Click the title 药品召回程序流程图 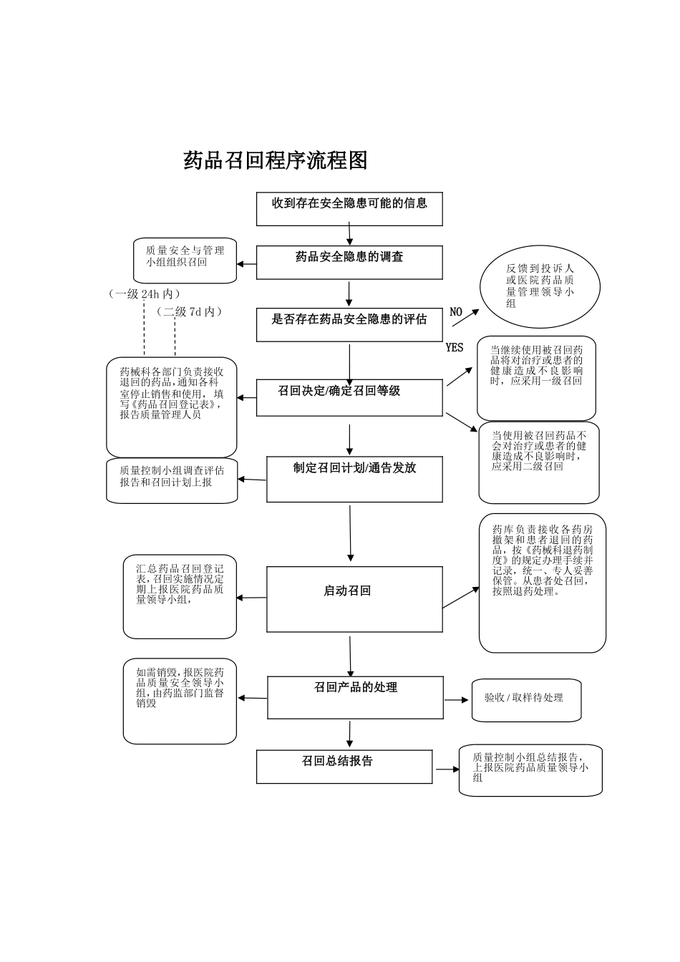pyautogui.click(x=276, y=160)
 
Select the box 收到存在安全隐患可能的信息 pyautogui.click(x=349, y=208)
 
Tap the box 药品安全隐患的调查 pyautogui.click(x=349, y=262)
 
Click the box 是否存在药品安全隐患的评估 pyautogui.click(x=349, y=324)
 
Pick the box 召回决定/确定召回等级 pyautogui.click(x=349, y=397)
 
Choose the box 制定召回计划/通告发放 pyautogui.click(x=354, y=479)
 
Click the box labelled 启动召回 pyautogui.click(x=354, y=599)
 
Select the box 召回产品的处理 pyautogui.click(x=355, y=697)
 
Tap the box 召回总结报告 pyautogui.click(x=344, y=767)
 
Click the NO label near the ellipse pyautogui.click(x=456, y=312)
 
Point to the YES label pyautogui.click(x=455, y=348)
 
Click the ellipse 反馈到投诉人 pyautogui.click(x=540, y=286)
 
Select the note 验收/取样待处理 pyautogui.click(x=526, y=699)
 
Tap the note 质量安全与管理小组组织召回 pyautogui.click(x=185, y=260)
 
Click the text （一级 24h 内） pyautogui.click(x=144, y=294)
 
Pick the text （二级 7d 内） pyautogui.click(x=190, y=312)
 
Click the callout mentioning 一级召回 pyautogui.click(x=536, y=377)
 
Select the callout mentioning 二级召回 pyautogui.click(x=539, y=462)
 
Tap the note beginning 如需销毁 pyautogui.click(x=180, y=701)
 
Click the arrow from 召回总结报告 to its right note pyautogui.click(x=446, y=769)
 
